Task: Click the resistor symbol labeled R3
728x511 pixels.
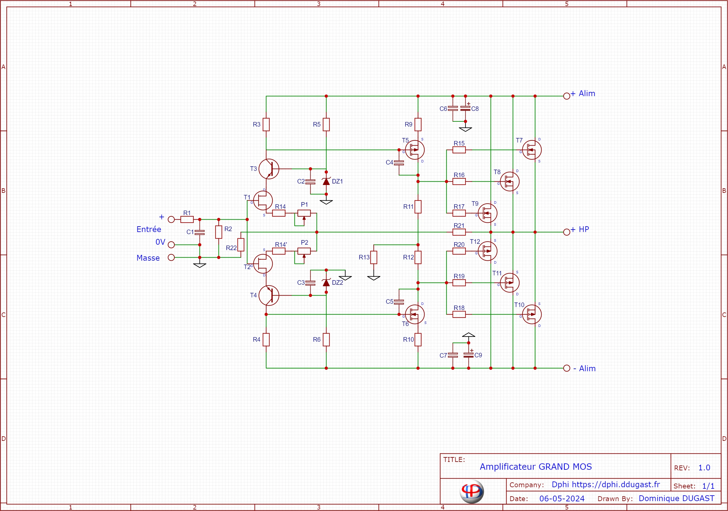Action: pos(266,124)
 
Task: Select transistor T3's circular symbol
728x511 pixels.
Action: pos(268,169)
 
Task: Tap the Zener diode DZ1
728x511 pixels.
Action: pos(326,182)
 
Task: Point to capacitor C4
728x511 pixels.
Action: pos(399,163)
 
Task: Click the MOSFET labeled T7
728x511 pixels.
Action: pos(532,150)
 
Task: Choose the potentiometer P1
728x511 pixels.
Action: pos(304,213)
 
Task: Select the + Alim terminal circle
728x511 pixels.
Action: pos(566,96)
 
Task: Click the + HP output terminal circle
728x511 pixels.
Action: pos(566,232)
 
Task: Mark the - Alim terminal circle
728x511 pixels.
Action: pos(566,368)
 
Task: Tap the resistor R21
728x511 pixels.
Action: pos(459,232)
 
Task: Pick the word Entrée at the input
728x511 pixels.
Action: pos(149,229)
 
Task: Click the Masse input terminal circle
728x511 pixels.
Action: pos(171,257)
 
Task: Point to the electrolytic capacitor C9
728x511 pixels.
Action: pos(468,355)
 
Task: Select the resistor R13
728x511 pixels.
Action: pos(374,257)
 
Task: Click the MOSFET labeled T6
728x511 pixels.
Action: pos(414,314)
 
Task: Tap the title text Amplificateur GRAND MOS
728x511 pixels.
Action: pos(535,467)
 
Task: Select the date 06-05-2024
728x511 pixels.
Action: pos(562,499)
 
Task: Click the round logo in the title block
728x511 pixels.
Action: pos(472,491)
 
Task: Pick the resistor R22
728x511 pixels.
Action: pos(241,245)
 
